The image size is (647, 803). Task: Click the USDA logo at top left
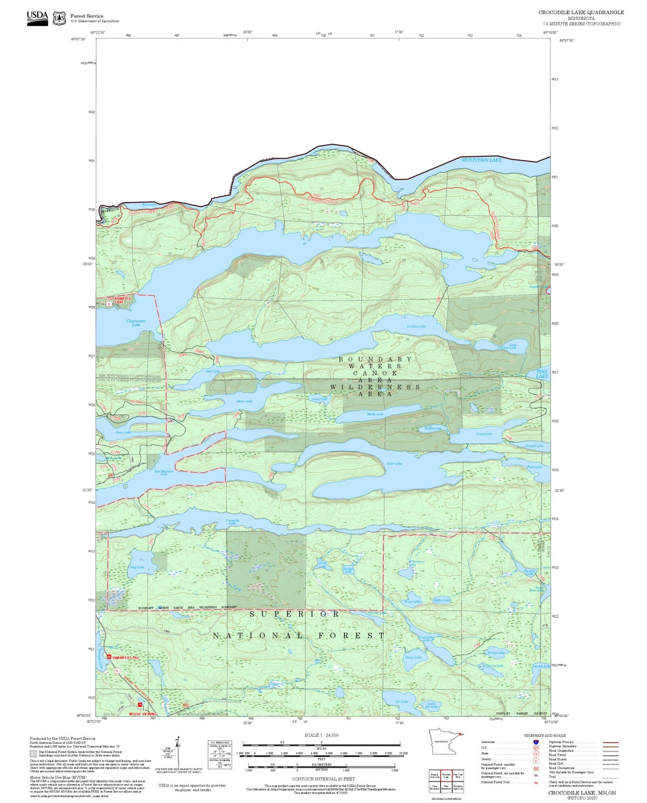point(37,18)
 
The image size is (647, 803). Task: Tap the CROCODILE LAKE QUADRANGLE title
point(581,13)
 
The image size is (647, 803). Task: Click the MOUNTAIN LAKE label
point(481,160)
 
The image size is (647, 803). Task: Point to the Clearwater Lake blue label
point(136,323)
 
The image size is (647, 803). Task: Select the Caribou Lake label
point(416,326)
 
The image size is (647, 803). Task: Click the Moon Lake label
point(244,401)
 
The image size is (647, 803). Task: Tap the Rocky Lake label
point(375,414)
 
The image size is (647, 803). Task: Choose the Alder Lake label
point(394,464)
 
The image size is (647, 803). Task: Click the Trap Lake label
point(137,567)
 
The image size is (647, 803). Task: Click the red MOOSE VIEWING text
point(143,714)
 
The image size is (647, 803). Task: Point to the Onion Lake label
point(413,657)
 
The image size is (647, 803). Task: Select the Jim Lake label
point(401,702)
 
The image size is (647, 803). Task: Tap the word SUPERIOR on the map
point(295,614)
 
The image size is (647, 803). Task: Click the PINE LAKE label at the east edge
point(542,373)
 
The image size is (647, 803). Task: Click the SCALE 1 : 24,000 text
point(321,735)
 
